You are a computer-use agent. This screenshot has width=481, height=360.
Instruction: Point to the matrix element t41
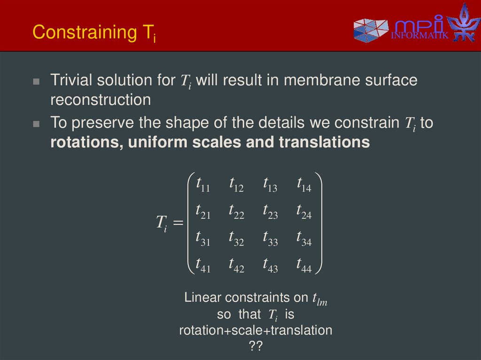pyautogui.click(x=202, y=266)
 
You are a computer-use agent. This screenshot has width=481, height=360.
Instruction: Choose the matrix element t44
pyautogui.click(x=304, y=266)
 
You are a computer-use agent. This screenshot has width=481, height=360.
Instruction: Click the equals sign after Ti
pyautogui.click(x=177, y=224)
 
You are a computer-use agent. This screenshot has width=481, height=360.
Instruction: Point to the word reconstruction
pyautogui.click(x=101, y=100)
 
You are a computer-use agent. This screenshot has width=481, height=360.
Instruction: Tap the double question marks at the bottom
pyautogui.click(x=256, y=346)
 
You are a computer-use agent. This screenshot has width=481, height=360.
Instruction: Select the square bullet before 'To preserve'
pyautogui.click(x=36, y=124)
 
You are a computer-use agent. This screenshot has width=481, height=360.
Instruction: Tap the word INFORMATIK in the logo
pyautogui.click(x=420, y=36)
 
